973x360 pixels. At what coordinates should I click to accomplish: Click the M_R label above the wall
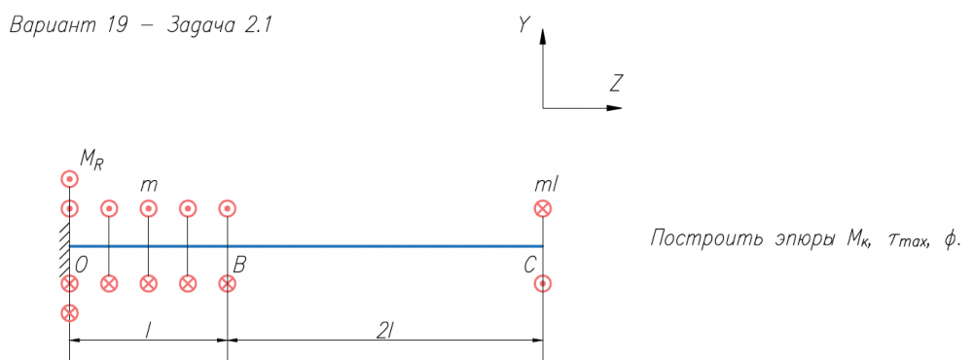tap(91, 161)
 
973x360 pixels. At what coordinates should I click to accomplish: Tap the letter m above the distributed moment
tap(149, 186)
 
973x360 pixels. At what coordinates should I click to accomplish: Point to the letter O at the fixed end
tap(81, 265)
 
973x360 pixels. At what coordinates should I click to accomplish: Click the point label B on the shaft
tap(240, 265)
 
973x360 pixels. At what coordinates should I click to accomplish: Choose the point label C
tap(529, 266)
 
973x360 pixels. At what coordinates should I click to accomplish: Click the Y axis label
tap(524, 24)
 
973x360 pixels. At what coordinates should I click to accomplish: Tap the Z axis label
tap(616, 83)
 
